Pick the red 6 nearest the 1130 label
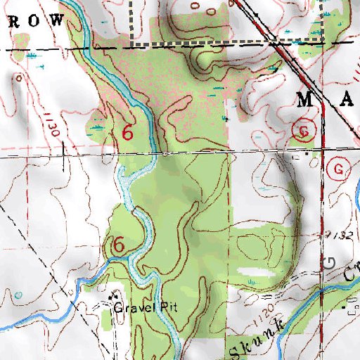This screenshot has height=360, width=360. (127, 132)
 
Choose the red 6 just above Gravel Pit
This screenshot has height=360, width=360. (119, 245)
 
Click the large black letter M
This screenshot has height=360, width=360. (307, 98)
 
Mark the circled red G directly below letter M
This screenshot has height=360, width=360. (304, 131)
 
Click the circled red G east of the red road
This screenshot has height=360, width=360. (340, 169)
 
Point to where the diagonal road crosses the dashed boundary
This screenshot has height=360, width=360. (273, 43)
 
